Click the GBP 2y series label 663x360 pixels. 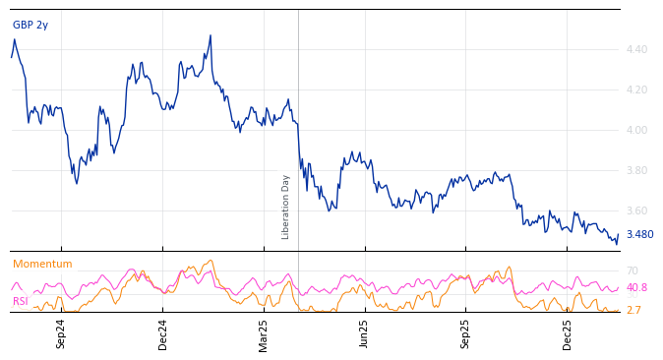coord(30,25)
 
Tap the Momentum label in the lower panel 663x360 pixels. coord(42,264)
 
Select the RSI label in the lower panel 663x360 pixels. coord(20,301)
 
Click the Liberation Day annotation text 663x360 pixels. coord(286,207)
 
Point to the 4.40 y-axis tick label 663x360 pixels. coord(636,49)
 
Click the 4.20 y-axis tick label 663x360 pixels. coord(636,90)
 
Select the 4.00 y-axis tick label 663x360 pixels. coord(636,130)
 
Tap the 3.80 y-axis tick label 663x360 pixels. coord(636,170)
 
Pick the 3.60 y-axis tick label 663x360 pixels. coord(636,210)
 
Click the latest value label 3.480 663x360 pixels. coord(639,235)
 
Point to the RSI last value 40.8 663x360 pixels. coord(636,288)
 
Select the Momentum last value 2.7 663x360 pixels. coord(633,310)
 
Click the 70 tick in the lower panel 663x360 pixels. coord(632,270)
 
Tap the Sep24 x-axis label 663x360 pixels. coord(61,333)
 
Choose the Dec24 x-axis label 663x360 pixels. coord(163,333)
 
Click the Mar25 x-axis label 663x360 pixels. coord(264,333)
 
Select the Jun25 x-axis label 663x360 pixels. coord(365,333)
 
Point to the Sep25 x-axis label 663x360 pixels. coord(466,333)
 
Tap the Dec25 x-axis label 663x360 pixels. coord(568,333)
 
